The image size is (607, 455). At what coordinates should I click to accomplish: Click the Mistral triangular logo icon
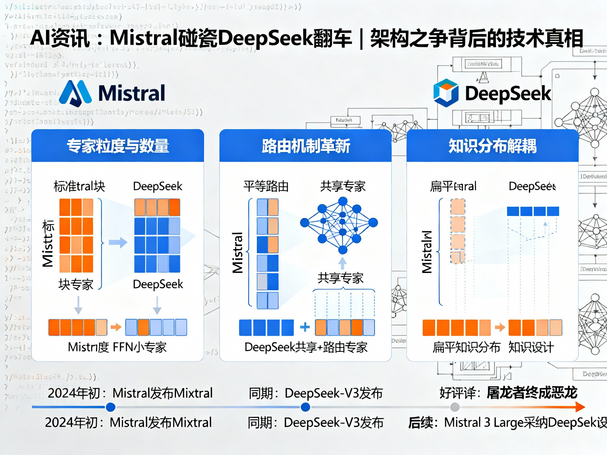click(x=75, y=93)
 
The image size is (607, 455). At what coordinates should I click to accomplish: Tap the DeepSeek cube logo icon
click(x=446, y=93)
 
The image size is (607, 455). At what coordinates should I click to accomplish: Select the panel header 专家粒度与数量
click(x=118, y=146)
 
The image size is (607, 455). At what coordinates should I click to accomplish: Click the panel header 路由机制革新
click(x=306, y=146)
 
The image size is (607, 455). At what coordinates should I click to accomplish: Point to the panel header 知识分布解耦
click(x=493, y=146)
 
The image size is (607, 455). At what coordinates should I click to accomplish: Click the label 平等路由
click(x=266, y=186)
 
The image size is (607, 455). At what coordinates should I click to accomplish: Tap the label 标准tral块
click(x=79, y=186)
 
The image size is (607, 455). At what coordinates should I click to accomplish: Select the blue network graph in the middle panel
click(x=339, y=225)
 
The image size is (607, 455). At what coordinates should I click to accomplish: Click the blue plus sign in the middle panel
click(x=305, y=327)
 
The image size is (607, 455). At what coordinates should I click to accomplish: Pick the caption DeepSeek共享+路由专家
click(x=306, y=347)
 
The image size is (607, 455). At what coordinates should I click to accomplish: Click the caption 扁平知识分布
click(x=467, y=347)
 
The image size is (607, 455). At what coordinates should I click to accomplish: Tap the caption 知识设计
click(x=531, y=347)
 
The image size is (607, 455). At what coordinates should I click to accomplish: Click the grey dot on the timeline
click(x=455, y=407)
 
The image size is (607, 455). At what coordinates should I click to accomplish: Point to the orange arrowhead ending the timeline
click(x=580, y=407)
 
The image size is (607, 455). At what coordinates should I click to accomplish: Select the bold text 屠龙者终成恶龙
click(x=532, y=393)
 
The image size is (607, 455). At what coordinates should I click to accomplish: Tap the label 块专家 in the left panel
click(x=76, y=284)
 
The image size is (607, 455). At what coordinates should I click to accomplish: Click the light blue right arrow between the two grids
click(x=118, y=243)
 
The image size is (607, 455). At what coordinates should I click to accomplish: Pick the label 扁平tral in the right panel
click(x=453, y=186)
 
